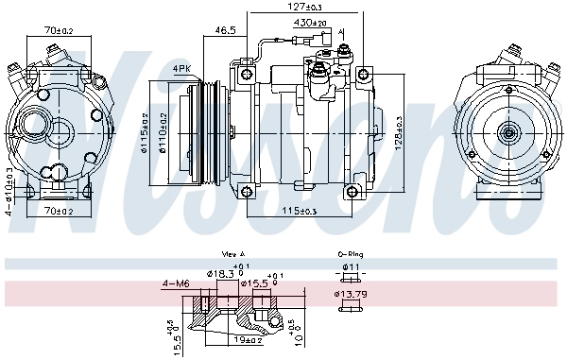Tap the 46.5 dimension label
[x=225, y=30]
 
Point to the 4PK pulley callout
[x=182, y=68]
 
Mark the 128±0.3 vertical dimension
[x=398, y=131]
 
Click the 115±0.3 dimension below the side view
[x=303, y=209]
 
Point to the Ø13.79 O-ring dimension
[x=349, y=295]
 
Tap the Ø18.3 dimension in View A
[x=221, y=274]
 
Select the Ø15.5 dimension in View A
[x=252, y=283]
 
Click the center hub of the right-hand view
[x=508, y=133]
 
